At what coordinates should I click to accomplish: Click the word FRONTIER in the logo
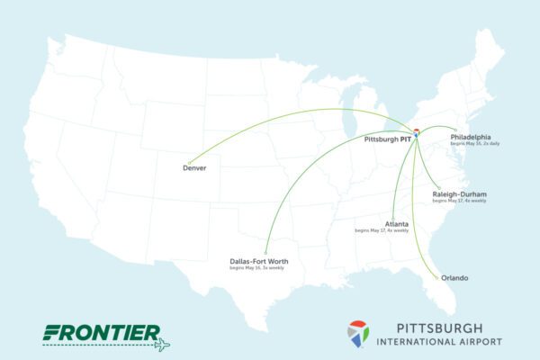point(101,332)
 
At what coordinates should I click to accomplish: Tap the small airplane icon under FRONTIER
point(162,345)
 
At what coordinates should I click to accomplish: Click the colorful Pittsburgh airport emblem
point(358,333)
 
